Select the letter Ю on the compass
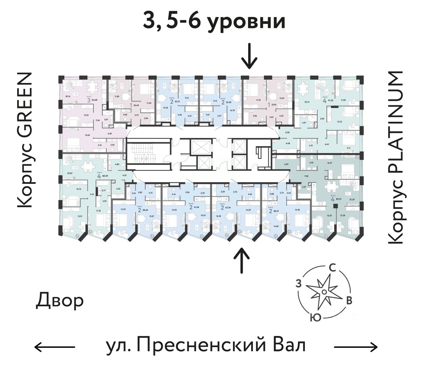click(x=315, y=317)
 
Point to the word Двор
click(x=60, y=301)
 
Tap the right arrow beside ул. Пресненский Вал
click(x=355, y=346)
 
